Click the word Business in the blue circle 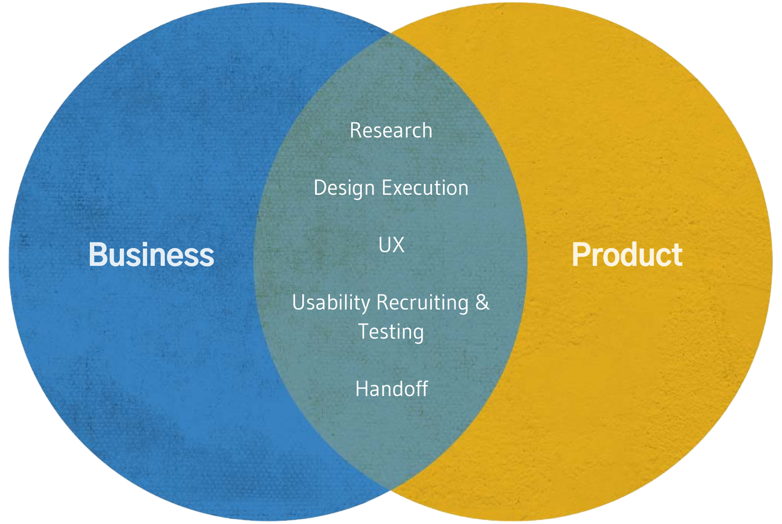coord(151,255)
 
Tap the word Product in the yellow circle coord(627,255)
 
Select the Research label coord(391,131)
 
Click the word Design coord(344,188)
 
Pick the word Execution coord(425,188)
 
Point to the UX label coord(391,245)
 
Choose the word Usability coord(331,303)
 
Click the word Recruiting coord(423,303)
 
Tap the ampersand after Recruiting coord(482,302)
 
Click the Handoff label coord(391,389)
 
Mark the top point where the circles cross coord(391,33)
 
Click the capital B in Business coord(98,255)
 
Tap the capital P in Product coord(582,255)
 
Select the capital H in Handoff coord(362,389)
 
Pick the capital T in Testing coord(364,331)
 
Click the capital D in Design coord(320,188)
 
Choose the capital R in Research coord(356,131)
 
